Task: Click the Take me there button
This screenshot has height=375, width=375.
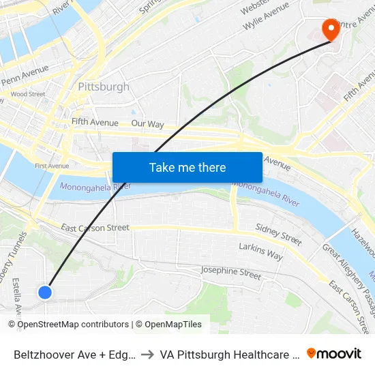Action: pos(187,167)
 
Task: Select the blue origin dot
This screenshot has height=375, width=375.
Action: pos(45,292)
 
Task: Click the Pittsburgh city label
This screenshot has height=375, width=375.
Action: pos(103,87)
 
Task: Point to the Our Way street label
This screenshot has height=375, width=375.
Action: pos(147,124)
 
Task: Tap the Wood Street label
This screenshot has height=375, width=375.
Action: pos(28,94)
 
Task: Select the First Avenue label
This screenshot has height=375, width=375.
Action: pos(52,166)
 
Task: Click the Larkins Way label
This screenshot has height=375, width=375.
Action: pos(260,251)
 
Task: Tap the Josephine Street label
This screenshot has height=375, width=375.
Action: pos(231,273)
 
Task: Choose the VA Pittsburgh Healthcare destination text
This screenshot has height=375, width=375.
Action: pos(229,355)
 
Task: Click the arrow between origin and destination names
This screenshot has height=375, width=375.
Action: pos(147,355)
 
